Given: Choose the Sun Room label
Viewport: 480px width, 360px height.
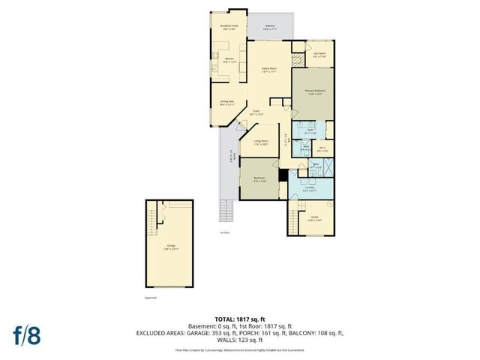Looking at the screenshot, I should [x=319, y=55].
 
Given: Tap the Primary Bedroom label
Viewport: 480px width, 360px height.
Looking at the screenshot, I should [x=313, y=92].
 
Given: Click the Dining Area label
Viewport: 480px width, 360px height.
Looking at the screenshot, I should [x=227, y=103].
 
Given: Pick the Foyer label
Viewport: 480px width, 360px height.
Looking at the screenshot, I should [x=256, y=112].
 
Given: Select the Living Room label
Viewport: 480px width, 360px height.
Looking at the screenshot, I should [x=261, y=142].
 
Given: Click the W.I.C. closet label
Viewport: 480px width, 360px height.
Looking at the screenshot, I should [x=321, y=149].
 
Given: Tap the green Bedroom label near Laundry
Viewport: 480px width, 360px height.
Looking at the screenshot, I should [x=259, y=179].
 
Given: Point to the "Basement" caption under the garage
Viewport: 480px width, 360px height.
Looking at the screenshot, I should [x=151, y=297].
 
